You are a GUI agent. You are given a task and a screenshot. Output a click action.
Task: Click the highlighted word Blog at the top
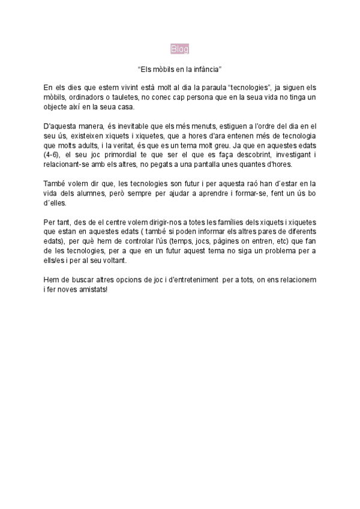pos(179,49)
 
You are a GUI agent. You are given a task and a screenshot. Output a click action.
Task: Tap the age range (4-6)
pos(53,155)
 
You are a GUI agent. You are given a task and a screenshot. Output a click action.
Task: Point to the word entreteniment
pos(187,279)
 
